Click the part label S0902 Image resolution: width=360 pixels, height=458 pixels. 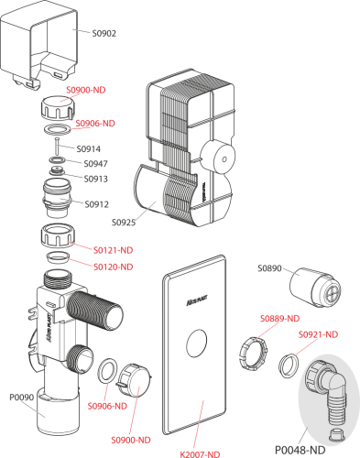click(x=104, y=33)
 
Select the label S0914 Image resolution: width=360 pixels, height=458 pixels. click(x=88, y=149)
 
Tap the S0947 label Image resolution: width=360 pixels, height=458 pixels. click(x=95, y=164)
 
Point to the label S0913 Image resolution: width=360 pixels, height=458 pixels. click(x=96, y=179)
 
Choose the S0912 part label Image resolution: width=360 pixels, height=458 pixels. click(x=96, y=204)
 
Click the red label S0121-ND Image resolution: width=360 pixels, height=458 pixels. click(x=114, y=250)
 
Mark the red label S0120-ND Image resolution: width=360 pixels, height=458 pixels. click(x=114, y=267)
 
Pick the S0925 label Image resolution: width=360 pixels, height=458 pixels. click(x=124, y=223)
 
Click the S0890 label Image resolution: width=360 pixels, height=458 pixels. click(x=269, y=268)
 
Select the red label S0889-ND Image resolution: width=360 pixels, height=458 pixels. click(x=279, y=319)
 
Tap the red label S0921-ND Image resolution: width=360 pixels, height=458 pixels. click(x=318, y=334)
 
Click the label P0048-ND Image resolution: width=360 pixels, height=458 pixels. click(x=300, y=450)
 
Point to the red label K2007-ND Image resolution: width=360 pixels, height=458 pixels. click(x=200, y=454)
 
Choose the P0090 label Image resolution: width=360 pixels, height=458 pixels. click(x=21, y=398)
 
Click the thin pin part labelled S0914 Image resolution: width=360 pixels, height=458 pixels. click(x=57, y=147)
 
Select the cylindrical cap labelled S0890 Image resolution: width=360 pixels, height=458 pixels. click(x=315, y=288)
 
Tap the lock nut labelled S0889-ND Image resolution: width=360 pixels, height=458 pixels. click(x=253, y=354)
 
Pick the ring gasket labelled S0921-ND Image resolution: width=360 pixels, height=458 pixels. click(x=289, y=365)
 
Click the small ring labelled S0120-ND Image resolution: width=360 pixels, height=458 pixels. click(x=58, y=256)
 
